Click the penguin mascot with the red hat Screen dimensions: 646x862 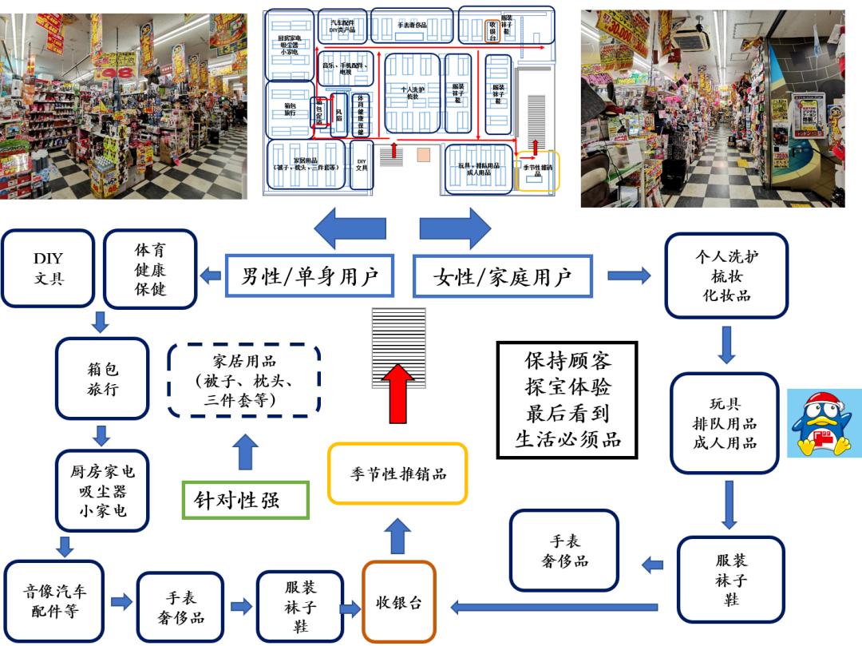[x=824, y=423]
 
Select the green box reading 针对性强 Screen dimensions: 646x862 [x=244, y=500]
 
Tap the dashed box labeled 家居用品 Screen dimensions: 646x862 [x=245, y=381]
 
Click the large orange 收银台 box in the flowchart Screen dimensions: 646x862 [x=399, y=602]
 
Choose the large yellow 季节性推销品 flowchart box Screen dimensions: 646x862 [x=397, y=474]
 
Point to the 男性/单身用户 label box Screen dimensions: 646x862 [x=310, y=276]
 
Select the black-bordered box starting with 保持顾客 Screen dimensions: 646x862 [x=567, y=399]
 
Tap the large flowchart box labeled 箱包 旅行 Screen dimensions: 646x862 [x=102, y=378]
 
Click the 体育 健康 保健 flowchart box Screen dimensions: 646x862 [x=150, y=270]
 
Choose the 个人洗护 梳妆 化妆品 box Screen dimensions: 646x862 [x=726, y=275]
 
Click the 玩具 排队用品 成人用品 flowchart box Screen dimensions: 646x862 [x=724, y=423]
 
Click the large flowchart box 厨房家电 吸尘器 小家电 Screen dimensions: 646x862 [x=102, y=491]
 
